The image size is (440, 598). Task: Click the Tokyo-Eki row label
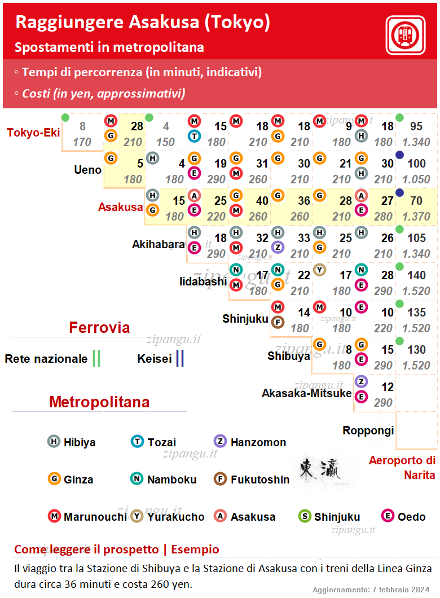[x=33, y=133]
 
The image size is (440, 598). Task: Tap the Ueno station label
[x=87, y=170]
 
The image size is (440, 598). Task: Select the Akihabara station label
[x=159, y=244]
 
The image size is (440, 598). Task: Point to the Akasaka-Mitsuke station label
[x=306, y=393]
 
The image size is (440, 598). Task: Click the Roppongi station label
[x=368, y=430]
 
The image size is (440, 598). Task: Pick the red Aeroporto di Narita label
[x=402, y=468]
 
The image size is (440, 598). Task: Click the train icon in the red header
[x=405, y=35]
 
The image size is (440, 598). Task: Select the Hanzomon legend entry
[x=250, y=442]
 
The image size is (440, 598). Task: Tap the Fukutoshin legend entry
[x=251, y=480]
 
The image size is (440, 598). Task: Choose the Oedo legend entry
[x=403, y=517]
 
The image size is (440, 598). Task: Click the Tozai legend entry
[x=153, y=442]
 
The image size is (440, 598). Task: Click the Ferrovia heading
[x=99, y=328]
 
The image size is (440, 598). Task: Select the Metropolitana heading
[x=99, y=402]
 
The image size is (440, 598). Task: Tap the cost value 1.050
[x=416, y=179]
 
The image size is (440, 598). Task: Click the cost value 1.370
[x=416, y=217]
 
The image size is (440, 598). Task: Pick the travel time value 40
[x=262, y=201]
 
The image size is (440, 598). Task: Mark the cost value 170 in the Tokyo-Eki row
[x=82, y=142]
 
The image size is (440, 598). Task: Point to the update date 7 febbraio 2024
[x=401, y=590]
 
